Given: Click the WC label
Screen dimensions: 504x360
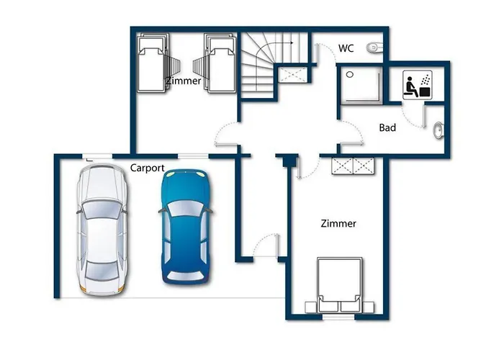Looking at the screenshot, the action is [x=346, y=48].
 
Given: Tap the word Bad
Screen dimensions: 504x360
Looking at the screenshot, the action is [x=387, y=127].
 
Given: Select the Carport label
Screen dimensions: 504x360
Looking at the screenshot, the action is [x=147, y=168].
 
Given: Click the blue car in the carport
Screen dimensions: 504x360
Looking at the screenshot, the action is [x=186, y=227].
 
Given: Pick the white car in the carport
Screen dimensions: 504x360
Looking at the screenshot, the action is [x=102, y=230].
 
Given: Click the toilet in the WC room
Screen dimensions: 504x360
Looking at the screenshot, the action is [x=374, y=48].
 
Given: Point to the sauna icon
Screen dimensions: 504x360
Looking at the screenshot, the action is [x=417, y=85].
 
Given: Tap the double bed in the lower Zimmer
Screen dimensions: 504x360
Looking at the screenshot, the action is [x=339, y=285].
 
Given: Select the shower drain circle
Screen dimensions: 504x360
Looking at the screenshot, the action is [x=350, y=75].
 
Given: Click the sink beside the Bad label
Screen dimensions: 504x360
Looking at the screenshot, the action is [x=438, y=130].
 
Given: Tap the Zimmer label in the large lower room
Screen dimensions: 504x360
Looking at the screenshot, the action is [x=338, y=223].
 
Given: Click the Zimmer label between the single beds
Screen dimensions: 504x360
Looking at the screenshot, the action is [x=184, y=81].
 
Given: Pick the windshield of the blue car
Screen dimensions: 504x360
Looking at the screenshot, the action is [x=186, y=208].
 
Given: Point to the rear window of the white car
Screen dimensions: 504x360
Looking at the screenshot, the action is [x=102, y=270].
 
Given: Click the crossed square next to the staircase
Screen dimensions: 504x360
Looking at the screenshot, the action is [x=292, y=75].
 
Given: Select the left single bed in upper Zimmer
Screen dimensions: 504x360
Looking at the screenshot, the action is [x=153, y=63].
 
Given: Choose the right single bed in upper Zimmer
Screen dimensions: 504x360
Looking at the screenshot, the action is [x=221, y=63].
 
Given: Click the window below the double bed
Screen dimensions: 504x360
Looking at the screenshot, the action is [x=338, y=318].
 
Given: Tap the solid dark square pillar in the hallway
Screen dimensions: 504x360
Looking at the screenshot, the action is [x=289, y=161].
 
